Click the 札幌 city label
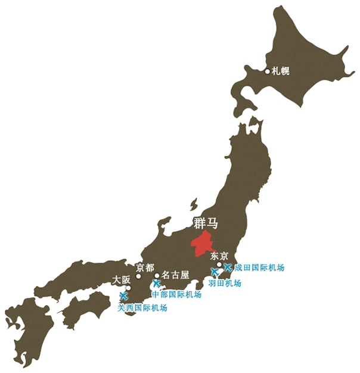(x=281, y=72)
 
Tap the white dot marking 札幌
(x=268, y=72)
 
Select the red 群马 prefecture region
(x=204, y=244)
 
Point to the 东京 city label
(x=219, y=256)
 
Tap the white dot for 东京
(x=219, y=265)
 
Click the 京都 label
(x=145, y=268)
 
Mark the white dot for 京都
(x=138, y=276)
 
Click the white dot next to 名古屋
(x=157, y=276)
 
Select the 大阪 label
(x=121, y=279)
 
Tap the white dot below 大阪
(x=128, y=288)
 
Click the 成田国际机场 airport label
(x=259, y=268)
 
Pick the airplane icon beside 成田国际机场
(x=227, y=267)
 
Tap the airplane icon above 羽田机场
(x=215, y=273)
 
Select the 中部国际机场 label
(x=176, y=294)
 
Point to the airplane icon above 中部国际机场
(x=157, y=284)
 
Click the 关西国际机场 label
(x=142, y=308)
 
